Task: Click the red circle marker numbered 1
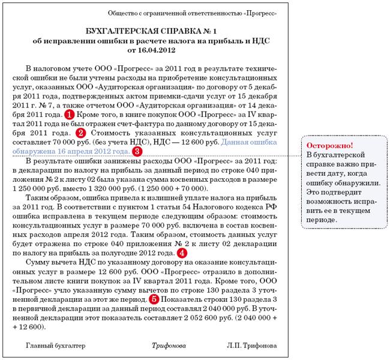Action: pos(70,113)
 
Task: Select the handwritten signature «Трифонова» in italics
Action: pos(169,346)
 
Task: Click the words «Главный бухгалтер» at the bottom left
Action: pos(55,346)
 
